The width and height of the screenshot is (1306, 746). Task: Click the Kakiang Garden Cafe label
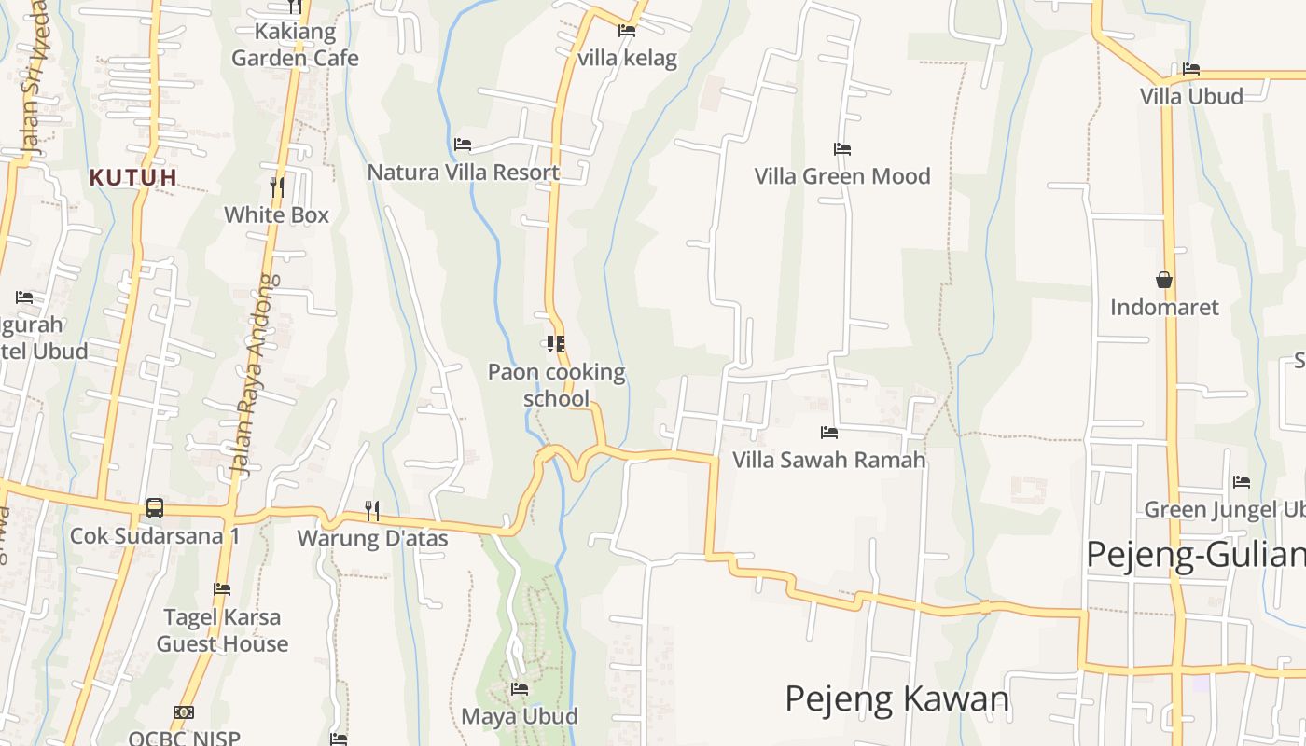[x=295, y=45]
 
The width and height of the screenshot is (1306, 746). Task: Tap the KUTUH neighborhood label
[x=132, y=176]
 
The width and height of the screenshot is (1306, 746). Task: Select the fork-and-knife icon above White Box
[x=277, y=186]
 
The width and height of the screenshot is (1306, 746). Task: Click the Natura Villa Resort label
[x=463, y=173]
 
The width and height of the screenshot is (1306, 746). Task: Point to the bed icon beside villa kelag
[x=627, y=31]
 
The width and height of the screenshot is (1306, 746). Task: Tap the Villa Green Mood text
[x=841, y=176]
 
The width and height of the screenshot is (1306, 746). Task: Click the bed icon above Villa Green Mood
[x=841, y=149]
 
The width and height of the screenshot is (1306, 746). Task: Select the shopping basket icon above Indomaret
[x=1164, y=280]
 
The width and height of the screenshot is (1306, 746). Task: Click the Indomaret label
[x=1164, y=307]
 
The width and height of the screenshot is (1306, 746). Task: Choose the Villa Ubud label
[x=1191, y=96]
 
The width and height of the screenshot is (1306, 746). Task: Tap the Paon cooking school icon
[x=556, y=344]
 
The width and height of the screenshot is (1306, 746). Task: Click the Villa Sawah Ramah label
[x=828, y=460]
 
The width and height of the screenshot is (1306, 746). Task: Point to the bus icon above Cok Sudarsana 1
[x=155, y=508]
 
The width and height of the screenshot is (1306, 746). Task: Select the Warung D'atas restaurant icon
[x=371, y=510]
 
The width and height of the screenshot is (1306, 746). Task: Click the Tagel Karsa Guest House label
[x=222, y=630]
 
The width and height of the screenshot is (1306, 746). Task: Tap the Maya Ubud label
[x=520, y=716]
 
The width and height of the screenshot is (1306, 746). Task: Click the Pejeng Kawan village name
[x=896, y=698]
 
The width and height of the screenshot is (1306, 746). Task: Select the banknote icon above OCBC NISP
[x=184, y=712]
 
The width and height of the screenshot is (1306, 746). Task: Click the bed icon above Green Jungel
[x=1241, y=482]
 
